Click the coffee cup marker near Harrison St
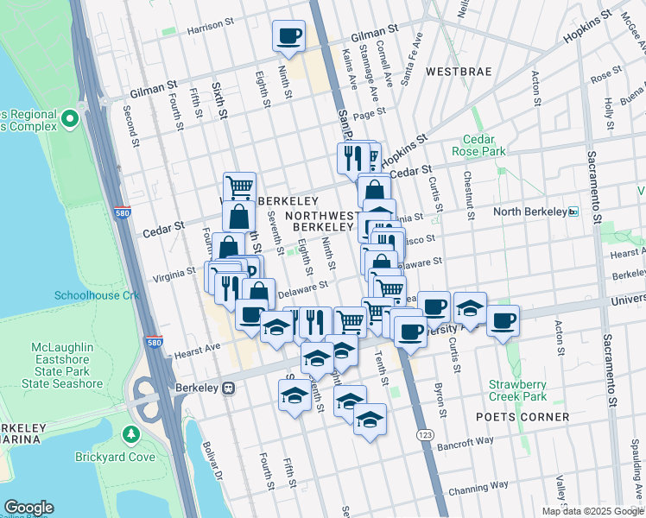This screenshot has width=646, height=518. [x=289, y=36]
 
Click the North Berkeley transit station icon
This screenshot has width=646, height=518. [x=573, y=212]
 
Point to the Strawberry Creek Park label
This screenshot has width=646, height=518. [x=517, y=390]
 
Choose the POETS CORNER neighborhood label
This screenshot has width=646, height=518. [x=522, y=417]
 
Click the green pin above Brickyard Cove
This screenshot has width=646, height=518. [x=130, y=433]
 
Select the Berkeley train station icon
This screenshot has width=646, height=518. [x=228, y=388]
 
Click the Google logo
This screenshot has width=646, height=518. [x=28, y=508]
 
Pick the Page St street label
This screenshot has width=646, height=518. [x=368, y=113]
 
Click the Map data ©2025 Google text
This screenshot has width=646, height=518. [x=592, y=511]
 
